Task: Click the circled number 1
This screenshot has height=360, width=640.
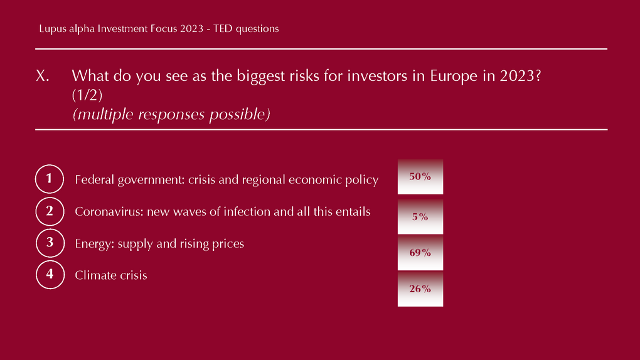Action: [50, 179]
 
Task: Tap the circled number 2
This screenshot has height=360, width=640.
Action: [50, 211]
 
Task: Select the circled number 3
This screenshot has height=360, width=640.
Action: [50, 243]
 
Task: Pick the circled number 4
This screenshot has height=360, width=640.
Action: [50, 275]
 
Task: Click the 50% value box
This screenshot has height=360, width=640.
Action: [420, 176]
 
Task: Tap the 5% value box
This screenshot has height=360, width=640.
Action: [420, 216]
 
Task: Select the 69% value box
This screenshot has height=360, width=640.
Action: [420, 252]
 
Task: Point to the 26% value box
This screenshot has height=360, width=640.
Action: [420, 289]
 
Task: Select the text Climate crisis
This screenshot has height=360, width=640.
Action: [111, 275]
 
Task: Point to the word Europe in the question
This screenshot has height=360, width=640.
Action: [454, 77]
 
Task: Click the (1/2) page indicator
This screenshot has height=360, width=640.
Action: [87, 95]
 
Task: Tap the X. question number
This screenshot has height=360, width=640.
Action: [43, 76]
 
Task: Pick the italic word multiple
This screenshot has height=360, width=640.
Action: [105, 114]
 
